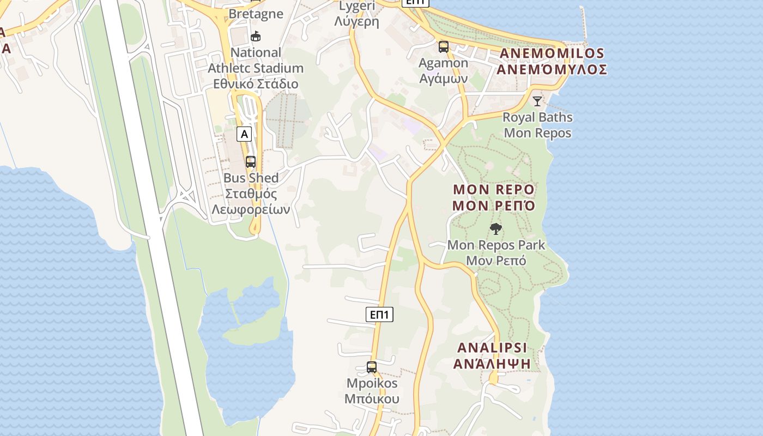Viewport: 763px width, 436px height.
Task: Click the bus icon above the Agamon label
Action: (444, 47)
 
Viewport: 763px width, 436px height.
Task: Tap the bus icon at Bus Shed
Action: (251, 162)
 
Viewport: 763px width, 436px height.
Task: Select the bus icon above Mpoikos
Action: (372, 367)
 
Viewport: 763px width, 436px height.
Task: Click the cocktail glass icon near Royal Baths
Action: (537, 101)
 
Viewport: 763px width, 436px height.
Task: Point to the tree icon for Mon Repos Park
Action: (496, 229)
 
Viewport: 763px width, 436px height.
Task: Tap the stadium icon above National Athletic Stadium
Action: (255, 37)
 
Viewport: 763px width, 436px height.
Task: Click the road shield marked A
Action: (244, 134)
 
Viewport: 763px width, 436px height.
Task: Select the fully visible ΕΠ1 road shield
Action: (379, 314)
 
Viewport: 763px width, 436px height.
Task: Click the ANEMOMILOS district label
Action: (552, 53)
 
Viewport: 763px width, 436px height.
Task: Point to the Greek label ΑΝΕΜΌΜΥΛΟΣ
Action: (552, 70)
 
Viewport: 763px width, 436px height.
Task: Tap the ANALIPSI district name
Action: (493, 348)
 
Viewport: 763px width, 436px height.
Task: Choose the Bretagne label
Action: (256, 14)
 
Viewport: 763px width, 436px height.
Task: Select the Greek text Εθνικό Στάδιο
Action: (256, 84)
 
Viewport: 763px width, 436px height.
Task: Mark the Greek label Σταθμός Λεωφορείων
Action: (251, 202)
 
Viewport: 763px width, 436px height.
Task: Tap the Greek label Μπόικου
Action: (372, 399)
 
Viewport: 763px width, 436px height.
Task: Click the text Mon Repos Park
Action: (496, 245)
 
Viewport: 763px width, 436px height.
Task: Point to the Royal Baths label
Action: (537, 117)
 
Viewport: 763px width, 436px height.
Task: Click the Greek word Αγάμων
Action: (443, 78)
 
